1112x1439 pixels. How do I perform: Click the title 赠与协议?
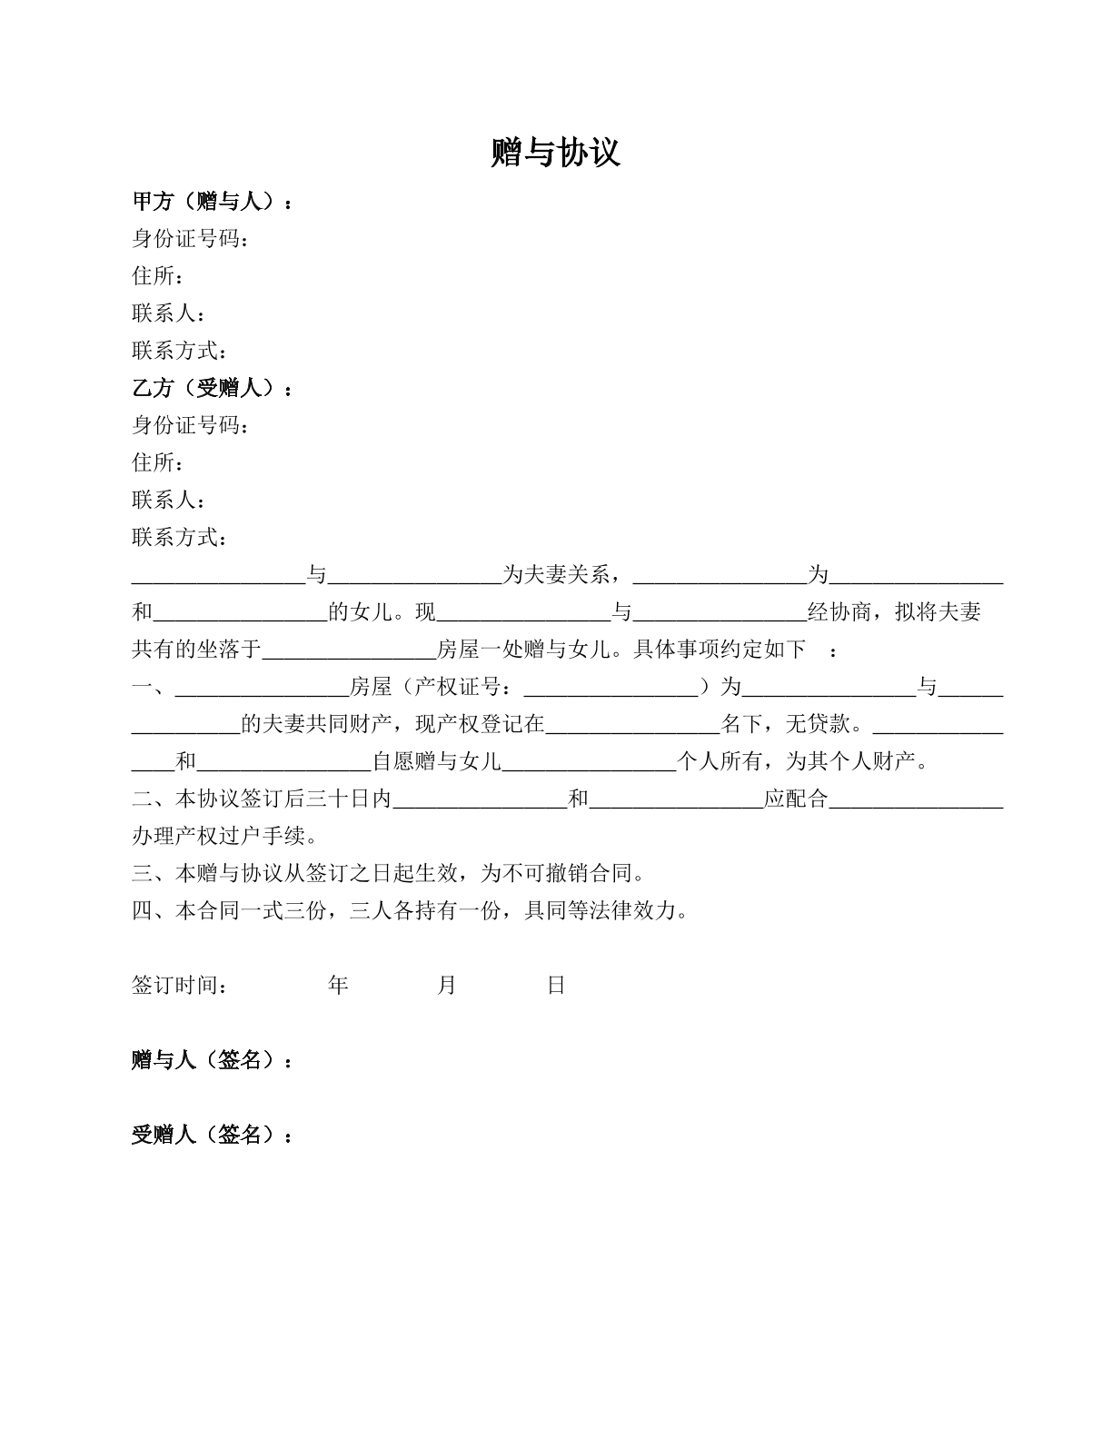555,153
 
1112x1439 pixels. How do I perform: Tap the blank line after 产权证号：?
611,688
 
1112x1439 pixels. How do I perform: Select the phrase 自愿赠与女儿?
437,762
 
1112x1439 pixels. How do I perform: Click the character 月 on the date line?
447,986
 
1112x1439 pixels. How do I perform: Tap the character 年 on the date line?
338,986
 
